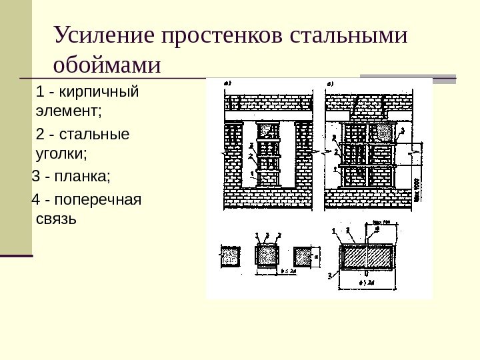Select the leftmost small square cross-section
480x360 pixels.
230,256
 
